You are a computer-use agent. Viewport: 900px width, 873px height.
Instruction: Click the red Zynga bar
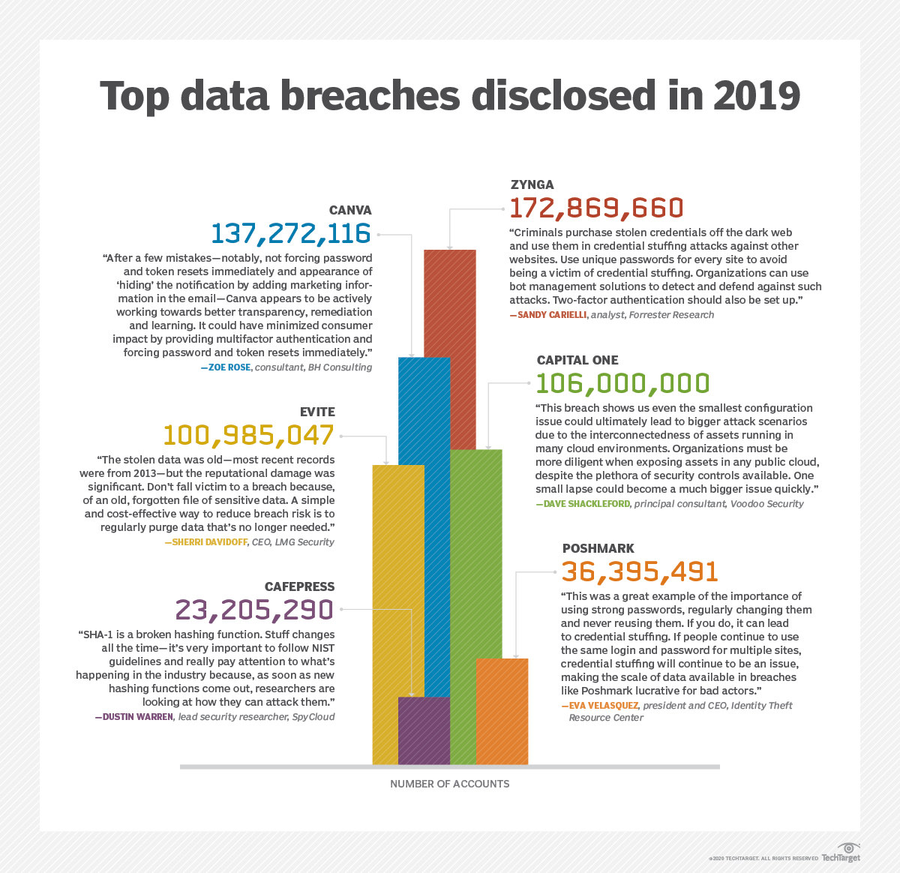(x=450, y=300)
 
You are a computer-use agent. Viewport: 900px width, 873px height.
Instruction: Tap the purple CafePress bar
(x=424, y=730)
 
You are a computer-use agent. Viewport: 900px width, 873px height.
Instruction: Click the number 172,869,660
(x=596, y=208)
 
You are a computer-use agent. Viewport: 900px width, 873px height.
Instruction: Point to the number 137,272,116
(x=291, y=233)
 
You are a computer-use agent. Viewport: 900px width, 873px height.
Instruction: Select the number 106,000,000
(x=622, y=383)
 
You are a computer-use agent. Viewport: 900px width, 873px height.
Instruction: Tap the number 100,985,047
(x=248, y=435)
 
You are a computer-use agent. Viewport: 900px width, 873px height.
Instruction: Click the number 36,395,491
(x=640, y=571)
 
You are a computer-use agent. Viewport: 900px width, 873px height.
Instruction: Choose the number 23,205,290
(x=254, y=610)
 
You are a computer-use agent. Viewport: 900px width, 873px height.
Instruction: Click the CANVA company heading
(x=350, y=210)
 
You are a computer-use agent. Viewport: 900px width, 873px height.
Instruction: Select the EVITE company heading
(x=317, y=412)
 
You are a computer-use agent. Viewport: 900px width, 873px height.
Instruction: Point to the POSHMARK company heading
(x=598, y=548)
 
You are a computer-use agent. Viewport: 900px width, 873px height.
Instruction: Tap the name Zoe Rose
(x=228, y=367)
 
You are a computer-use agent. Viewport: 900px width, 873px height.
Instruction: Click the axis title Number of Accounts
(x=449, y=784)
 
